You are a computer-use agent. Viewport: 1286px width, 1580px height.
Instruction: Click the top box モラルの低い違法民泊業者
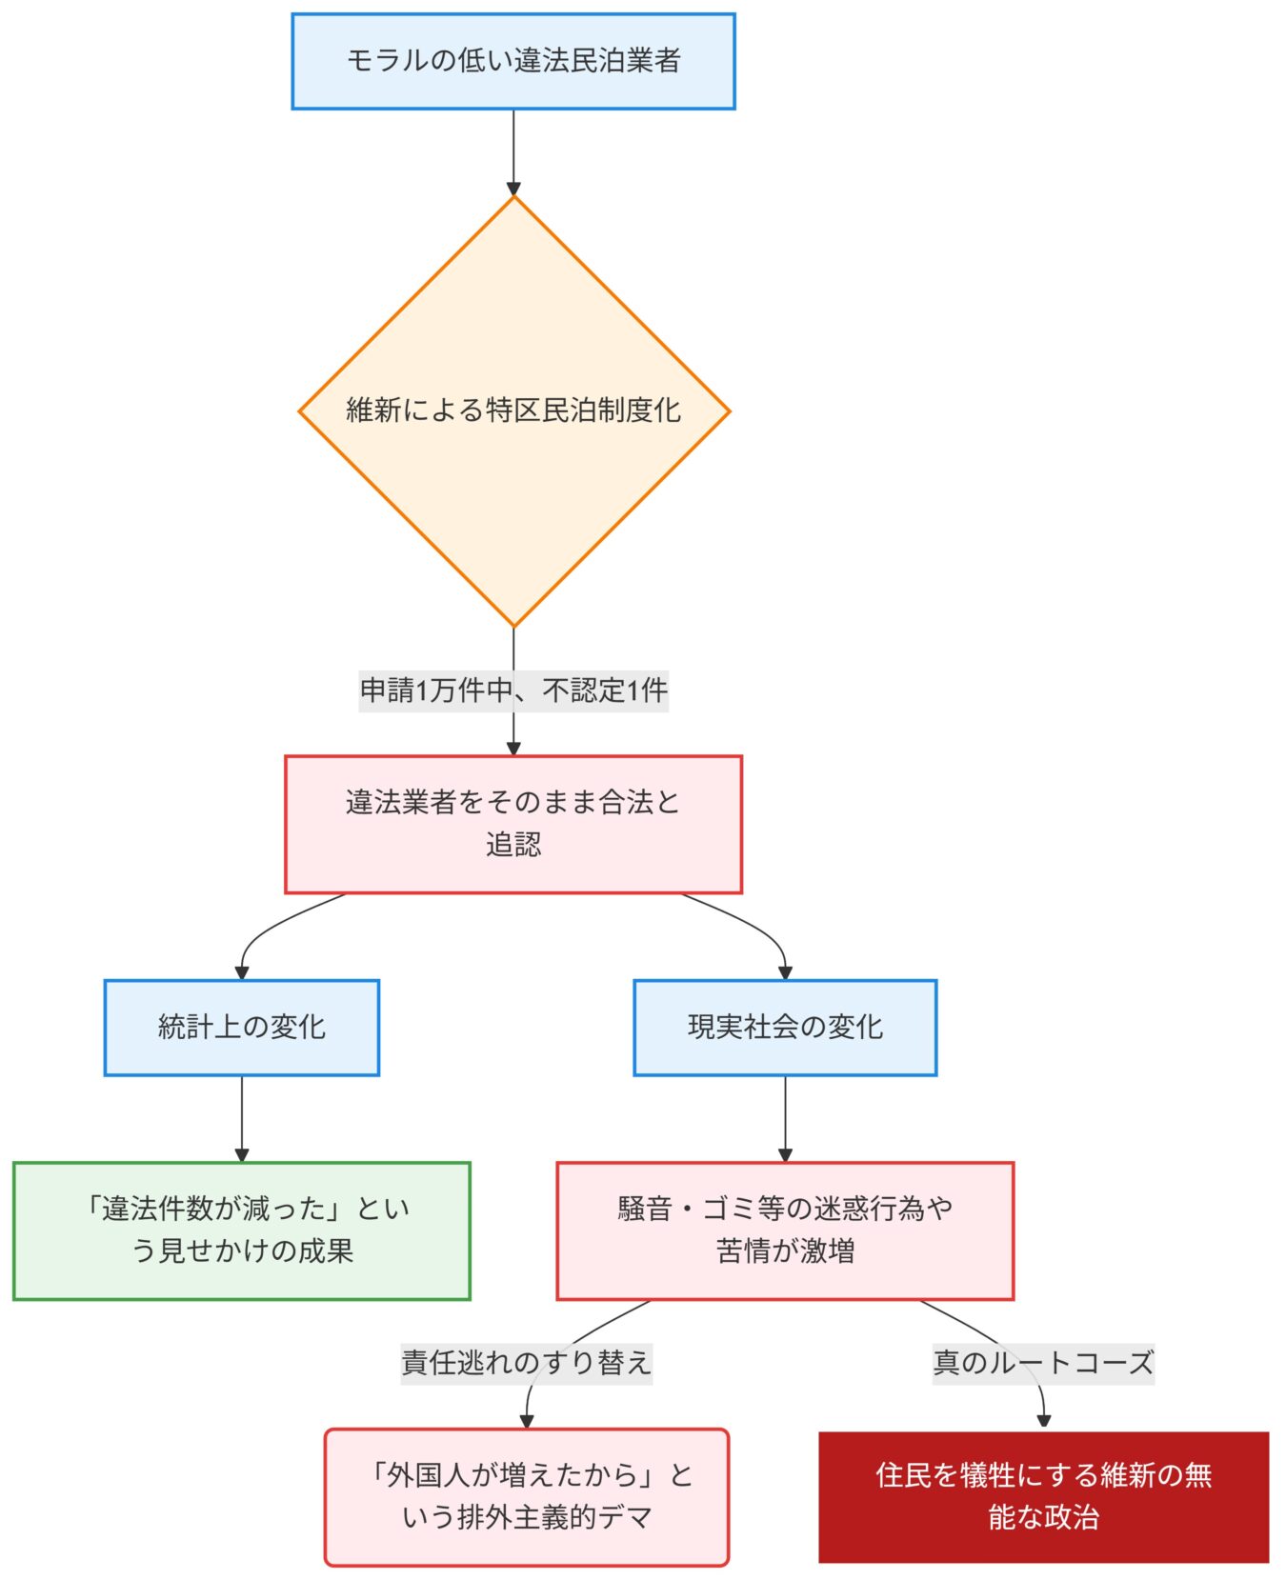[x=512, y=61]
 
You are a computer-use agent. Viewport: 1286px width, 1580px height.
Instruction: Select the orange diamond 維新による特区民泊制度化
[x=513, y=410]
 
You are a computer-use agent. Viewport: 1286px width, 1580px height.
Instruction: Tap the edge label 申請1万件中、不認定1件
[x=513, y=690]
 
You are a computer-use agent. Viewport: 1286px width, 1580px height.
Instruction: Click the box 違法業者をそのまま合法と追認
[x=512, y=824]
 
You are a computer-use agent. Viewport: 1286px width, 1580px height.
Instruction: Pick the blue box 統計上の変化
[x=241, y=1027]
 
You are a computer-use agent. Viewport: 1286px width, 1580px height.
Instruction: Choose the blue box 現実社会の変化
[x=784, y=1027]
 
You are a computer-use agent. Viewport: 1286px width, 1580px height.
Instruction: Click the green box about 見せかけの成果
[x=241, y=1230]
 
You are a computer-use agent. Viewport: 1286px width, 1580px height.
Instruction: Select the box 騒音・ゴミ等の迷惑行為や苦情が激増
[x=784, y=1230]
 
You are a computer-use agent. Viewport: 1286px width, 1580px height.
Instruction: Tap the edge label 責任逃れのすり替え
[x=526, y=1362]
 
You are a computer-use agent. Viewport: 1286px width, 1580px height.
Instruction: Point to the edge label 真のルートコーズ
[x=1042, y=1362]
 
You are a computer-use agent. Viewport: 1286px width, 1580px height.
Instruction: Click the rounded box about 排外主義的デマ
[x=526, y=1496]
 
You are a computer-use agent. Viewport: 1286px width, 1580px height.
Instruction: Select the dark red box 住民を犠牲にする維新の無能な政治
[x=1042, y=1496]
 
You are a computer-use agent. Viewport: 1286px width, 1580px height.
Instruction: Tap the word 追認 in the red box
[x=513, y=845]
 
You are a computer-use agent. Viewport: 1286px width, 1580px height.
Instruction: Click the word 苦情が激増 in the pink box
[x=785, y=1250]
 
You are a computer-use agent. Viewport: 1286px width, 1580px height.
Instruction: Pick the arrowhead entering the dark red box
[x=1043, y=1421]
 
